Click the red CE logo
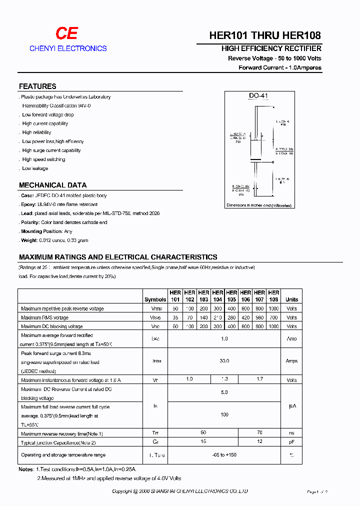[x=66, y=33]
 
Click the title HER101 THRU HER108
[x=265, y=35]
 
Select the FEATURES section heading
[x=37, y=86]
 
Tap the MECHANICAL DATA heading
[x=52, y=185]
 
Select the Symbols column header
[x=155, y=299]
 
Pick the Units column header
[x=291, y=299]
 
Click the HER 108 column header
[x=273, y=296]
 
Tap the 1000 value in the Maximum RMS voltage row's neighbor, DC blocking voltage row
[x=273, y=326]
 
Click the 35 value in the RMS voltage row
[x=175, y=317]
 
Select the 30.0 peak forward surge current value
[x=224, y=360]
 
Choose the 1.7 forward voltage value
[x=259, y=379]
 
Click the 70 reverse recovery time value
[x=259, y=432]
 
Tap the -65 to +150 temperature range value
[x=224, y=455]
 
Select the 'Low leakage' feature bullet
[x=35, y=168]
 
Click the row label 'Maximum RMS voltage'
[x=45, y=317]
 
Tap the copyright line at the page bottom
[x=180, y=491]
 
